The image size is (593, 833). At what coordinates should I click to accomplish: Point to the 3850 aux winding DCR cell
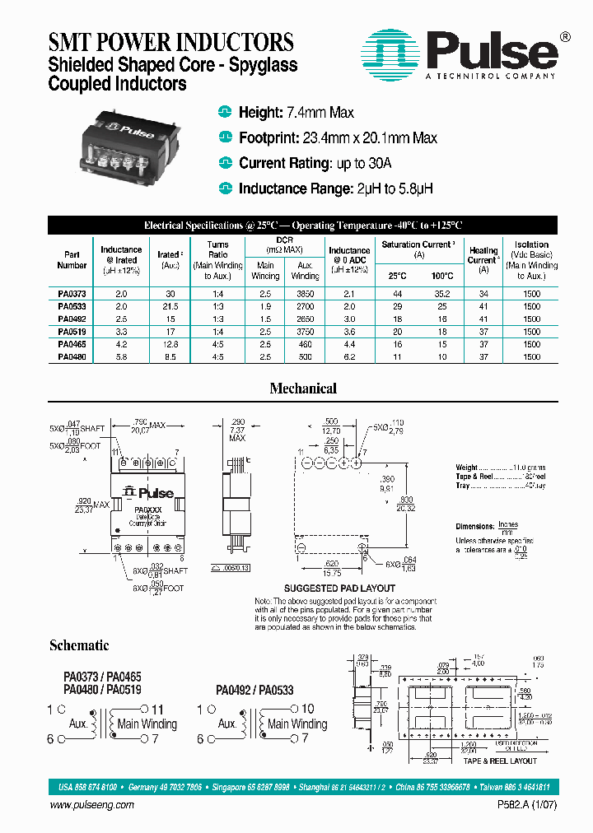coord(305,294)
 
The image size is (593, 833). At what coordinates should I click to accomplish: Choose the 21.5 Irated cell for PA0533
coord(170,306)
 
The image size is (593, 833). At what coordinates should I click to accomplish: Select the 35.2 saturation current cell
coord(443,294)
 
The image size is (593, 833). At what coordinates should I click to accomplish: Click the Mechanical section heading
coord(303,389)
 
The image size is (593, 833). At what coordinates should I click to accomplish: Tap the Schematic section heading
coord(79,645)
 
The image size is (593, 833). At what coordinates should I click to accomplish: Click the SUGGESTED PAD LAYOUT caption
coord(339,589)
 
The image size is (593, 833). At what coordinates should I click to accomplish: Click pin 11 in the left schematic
coord(157,709)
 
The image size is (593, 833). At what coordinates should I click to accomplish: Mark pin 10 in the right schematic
coord(307,709)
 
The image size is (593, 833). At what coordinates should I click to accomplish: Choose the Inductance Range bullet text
coord(335,188)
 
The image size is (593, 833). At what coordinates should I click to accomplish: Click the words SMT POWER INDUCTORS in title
coord(171,42)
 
